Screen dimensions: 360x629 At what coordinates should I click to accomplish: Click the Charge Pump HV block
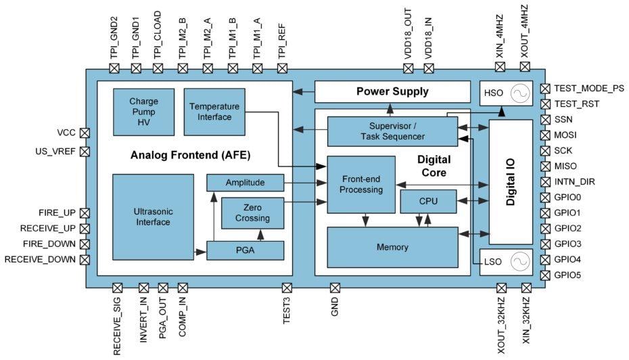click(x=143, y=112)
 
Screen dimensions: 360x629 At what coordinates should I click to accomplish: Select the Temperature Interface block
click(x=214, y=112)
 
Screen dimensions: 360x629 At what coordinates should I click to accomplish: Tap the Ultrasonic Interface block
click(x=153, y=217)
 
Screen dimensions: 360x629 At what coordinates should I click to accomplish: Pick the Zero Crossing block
click(x=253, y=213)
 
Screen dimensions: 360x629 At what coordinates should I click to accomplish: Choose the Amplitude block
click(x=245, y=183)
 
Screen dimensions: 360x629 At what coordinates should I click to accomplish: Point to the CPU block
click(x=428, y=201)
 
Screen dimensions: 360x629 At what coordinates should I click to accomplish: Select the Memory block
click(x=392, y=247)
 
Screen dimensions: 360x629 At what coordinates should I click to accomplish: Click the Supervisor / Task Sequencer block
click(x=392, y=131)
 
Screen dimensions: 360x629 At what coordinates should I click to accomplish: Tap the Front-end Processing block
click(x=361, y=185)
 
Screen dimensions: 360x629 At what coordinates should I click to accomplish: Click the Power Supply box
click(x=392, y=91)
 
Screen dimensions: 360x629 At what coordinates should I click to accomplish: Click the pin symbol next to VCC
click(x=85, y=133)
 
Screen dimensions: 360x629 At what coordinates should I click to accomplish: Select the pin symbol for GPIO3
click(x=546, y=244)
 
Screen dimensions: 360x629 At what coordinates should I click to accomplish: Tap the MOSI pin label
click(x=567, y=135)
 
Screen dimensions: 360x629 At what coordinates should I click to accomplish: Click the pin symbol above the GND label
click(x=334, y=288)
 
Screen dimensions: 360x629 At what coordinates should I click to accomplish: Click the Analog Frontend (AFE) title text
click(x=191, y=155)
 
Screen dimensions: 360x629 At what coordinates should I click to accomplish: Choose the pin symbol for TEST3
click(x=287, y=288)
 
